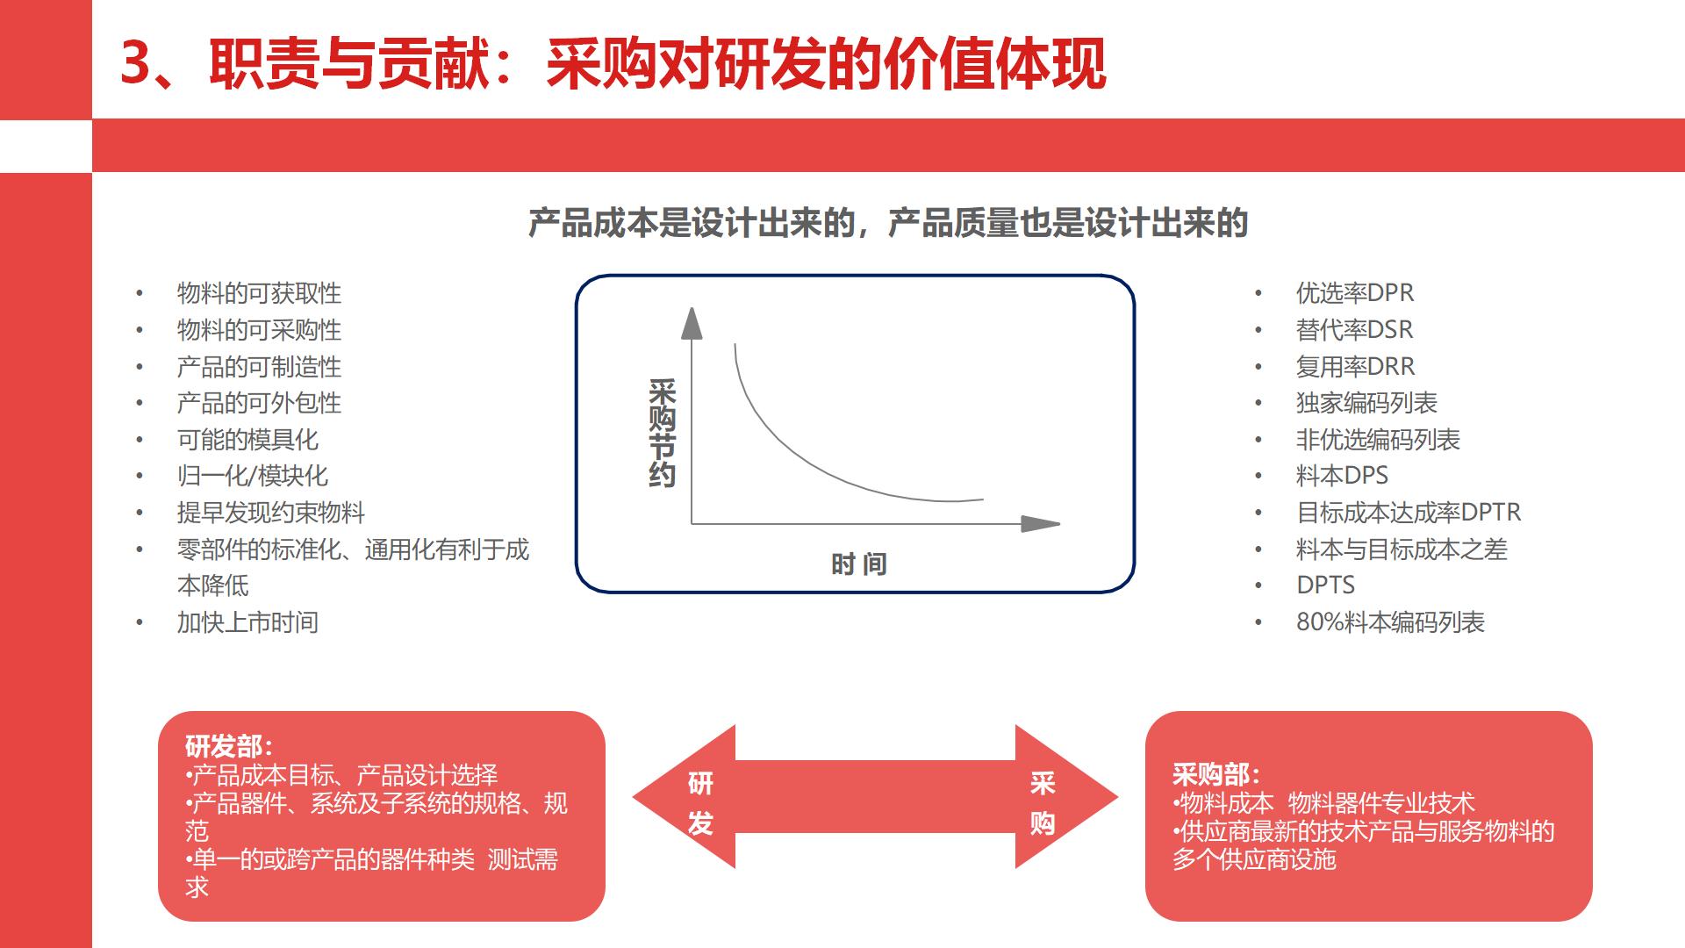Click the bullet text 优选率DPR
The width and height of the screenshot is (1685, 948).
coord(1354,293)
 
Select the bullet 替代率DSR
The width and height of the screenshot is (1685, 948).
coord(1354,330)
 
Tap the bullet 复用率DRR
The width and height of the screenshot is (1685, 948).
coord(1355,367)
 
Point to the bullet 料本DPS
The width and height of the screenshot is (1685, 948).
coord(1342,476)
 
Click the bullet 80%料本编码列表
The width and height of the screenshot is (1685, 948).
coord(1390,622)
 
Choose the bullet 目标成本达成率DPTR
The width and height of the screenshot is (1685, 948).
coord(1408,513)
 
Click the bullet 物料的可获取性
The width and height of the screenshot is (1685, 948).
coord(259,293)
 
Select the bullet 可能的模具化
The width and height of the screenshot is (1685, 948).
coord(247,440)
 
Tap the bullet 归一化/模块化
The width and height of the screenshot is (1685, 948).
coord(252,476)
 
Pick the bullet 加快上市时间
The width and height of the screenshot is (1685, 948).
coord(247,622)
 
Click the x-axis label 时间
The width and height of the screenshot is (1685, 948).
coord(858,564)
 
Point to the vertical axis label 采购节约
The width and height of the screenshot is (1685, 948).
coord(662,434)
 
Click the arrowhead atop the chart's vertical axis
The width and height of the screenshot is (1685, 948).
coord(692,323)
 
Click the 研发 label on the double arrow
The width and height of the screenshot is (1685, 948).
coord(700,802)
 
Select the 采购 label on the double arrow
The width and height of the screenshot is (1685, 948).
coord(1042,802)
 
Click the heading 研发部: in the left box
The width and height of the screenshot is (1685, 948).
coord(229,747)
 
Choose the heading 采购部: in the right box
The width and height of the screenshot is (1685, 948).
coord(1216,774)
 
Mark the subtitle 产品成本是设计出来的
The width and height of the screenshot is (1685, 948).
coord(692,224)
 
